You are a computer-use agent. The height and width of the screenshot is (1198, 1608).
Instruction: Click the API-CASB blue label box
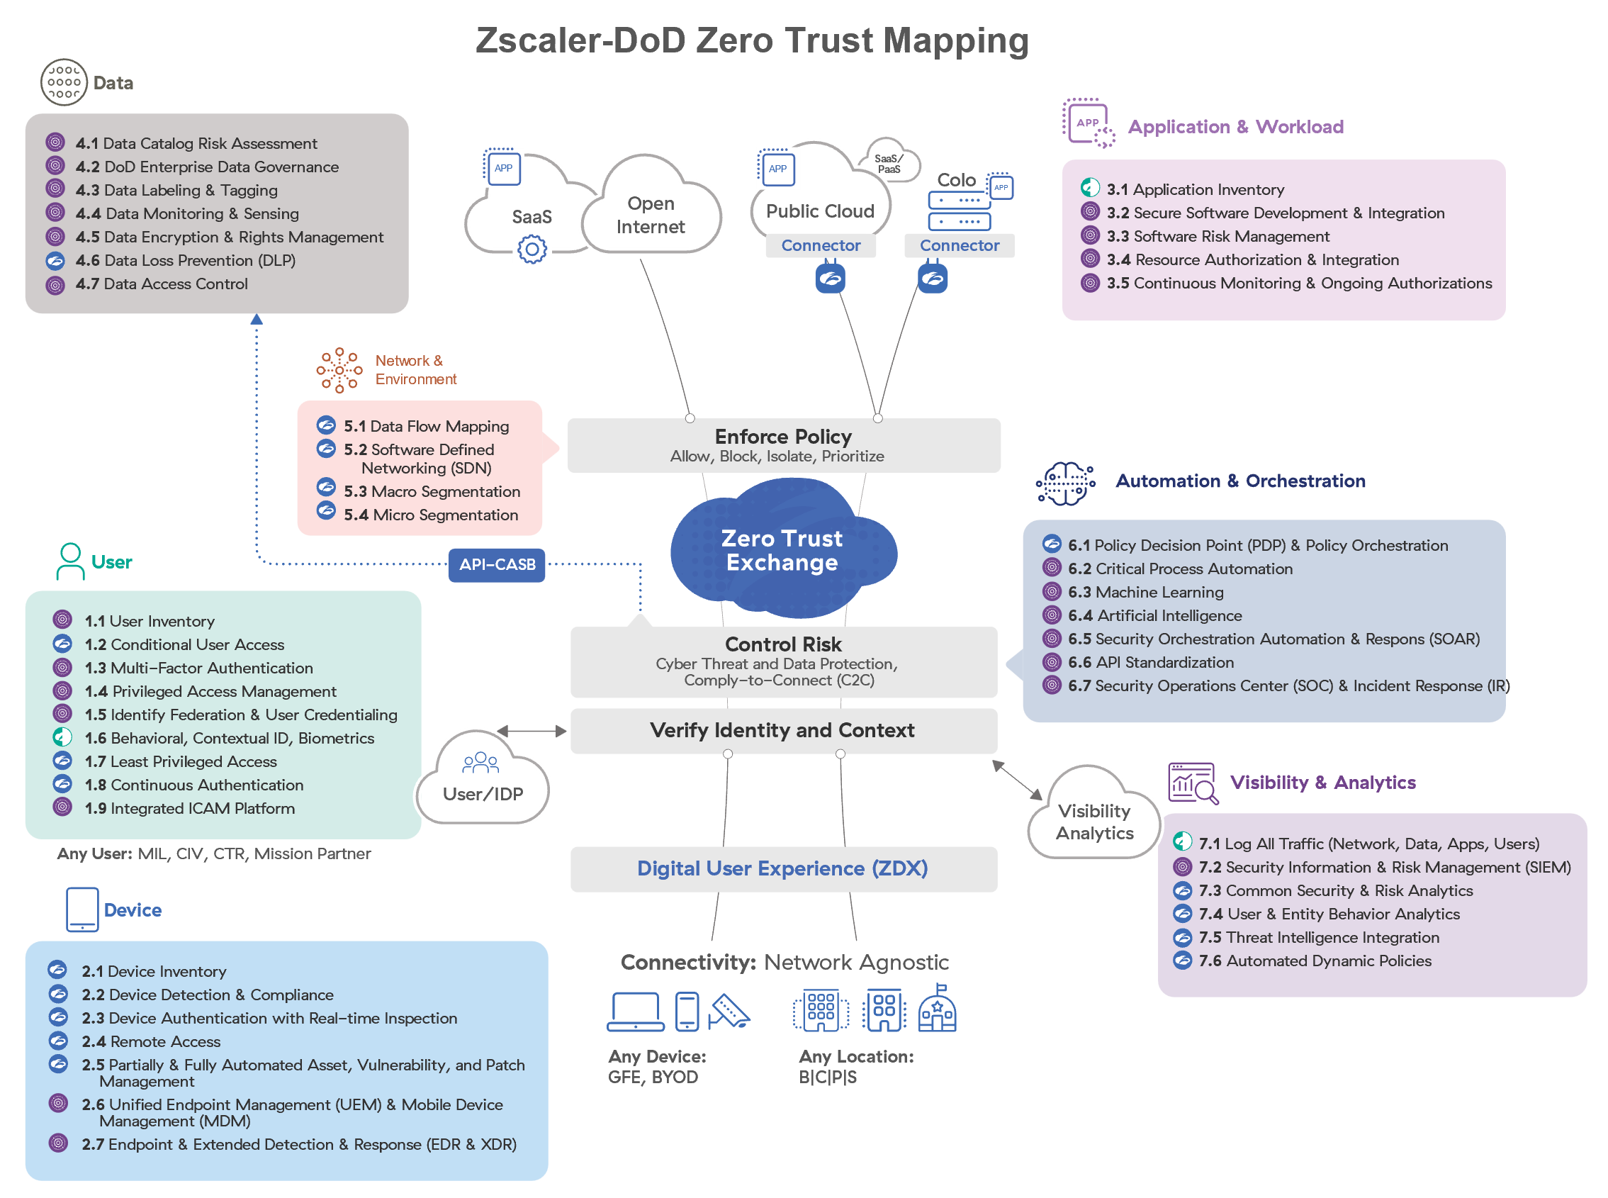[x=497, y=565]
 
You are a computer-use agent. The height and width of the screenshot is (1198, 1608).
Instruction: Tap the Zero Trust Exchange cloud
[x=782, y=550]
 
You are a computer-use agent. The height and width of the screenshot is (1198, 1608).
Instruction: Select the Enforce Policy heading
[x=783, y=437]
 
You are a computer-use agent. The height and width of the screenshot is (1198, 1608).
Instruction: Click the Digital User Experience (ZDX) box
[x=783, y=869]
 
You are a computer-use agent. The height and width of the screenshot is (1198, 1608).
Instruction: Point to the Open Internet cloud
[x=651, y=215]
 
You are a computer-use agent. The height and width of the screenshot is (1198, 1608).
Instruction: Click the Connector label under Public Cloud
[x=821, y=246]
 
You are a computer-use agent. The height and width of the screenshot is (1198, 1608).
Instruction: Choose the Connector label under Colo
[x=959, y=246]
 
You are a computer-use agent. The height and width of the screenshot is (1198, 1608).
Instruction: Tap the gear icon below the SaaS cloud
[x=532, y=251]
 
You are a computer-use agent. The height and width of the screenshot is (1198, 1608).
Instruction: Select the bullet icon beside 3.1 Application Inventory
[x=1090, y=189]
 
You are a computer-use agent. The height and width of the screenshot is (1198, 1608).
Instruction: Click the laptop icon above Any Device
[x=636, y=1011]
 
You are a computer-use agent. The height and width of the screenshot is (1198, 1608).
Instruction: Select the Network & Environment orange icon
[x=339, y=371]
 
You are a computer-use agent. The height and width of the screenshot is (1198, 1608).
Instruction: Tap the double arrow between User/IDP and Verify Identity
[x=532, y=731]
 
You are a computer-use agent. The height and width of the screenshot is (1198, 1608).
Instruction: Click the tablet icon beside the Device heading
[x=82, y=909]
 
